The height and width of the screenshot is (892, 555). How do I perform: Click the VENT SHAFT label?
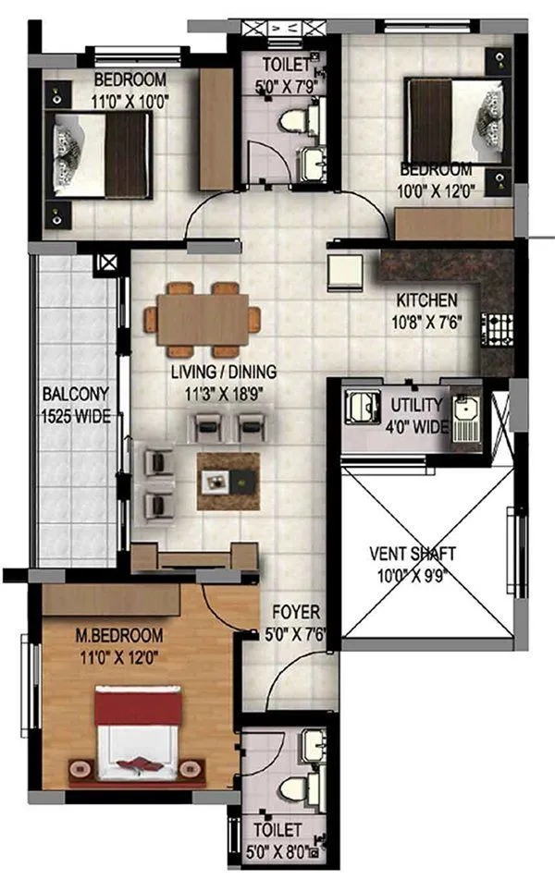[x=413, y=555]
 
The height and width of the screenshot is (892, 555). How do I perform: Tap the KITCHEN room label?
[x=426, y=300]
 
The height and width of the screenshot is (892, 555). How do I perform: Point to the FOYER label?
[x=295, y=612]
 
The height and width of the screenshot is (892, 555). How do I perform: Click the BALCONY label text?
[x=75, y=394]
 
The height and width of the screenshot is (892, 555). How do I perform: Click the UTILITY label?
[x=417, y=405]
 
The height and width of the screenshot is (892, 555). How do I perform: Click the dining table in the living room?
[x=202, y=320]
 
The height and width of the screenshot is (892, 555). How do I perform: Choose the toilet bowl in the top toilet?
[x=297, y=120]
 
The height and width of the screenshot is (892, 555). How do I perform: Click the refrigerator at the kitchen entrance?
[x=348, y=271]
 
